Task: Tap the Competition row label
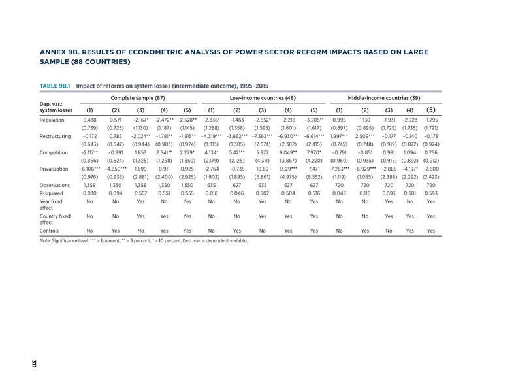click(54, 152)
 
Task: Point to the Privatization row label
click(55, 168)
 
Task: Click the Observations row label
click(55, 184)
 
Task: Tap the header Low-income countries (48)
click(263, 97)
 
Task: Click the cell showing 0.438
click(89, 120)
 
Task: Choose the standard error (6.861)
click(263, 176)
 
